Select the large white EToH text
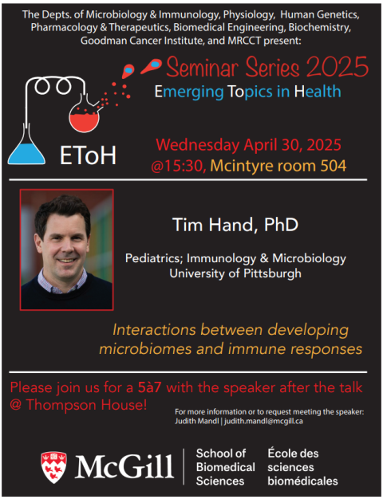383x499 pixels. [89, 155]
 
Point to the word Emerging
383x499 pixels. [189, 92]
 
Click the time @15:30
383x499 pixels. [179, 166]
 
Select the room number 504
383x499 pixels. [333, 166]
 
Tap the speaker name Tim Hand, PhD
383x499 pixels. [235, 225]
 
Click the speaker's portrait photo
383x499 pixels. [66, 249]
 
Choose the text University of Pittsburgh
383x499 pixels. [235, 273]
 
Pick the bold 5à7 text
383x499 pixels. [149, 387]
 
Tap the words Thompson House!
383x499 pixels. [87, 405]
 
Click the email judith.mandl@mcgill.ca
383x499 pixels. [263, 421]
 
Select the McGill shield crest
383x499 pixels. [53, 467]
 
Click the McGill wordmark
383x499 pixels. [124, 467]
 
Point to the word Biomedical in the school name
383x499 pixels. [226, 467]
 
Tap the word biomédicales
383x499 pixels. [302, 481]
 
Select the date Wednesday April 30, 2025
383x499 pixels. [248, 145]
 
